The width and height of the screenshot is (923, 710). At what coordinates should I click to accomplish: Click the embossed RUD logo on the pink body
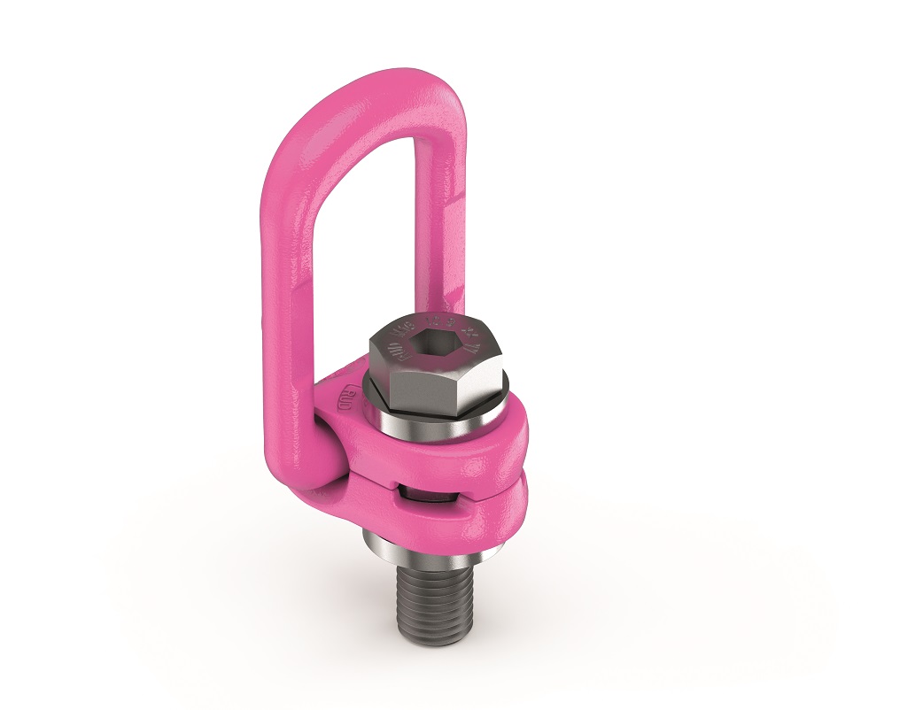346,395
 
